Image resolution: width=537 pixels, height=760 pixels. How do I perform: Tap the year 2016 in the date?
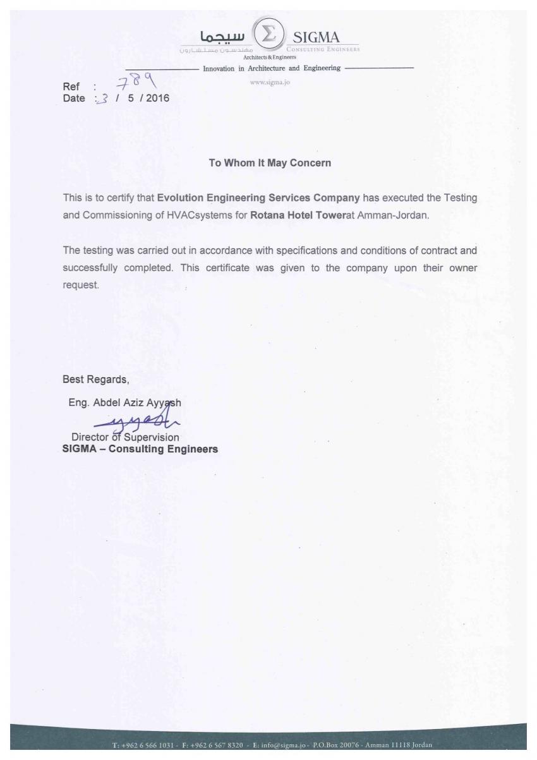tap(157, 98)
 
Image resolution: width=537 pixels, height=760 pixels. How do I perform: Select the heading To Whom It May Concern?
tap(270, 163)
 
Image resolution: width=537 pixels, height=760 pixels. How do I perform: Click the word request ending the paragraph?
tap(80, 285)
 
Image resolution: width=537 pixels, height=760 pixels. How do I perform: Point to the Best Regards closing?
tap(95, 380)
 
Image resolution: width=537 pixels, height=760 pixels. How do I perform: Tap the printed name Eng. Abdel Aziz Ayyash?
tap(124, 402)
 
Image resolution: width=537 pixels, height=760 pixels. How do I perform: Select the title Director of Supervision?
tap(125, 437)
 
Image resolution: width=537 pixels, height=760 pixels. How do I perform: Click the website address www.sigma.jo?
tap(270, 82)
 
